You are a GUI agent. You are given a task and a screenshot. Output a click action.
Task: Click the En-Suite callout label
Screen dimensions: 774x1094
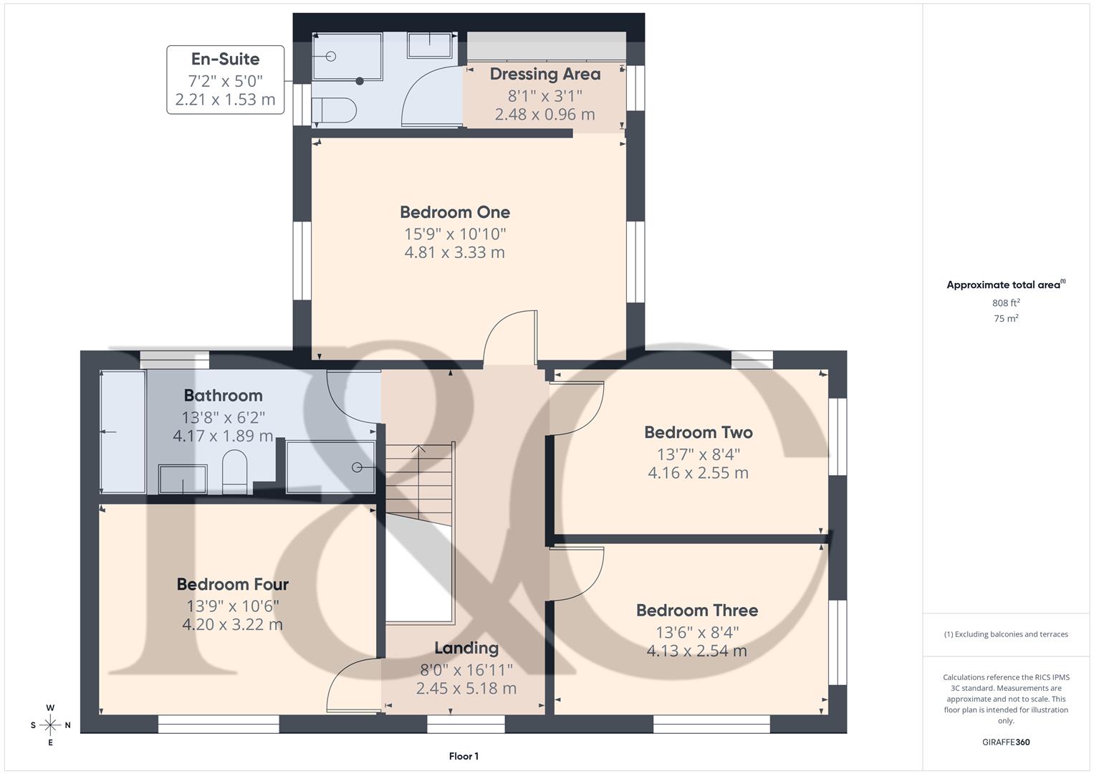225,59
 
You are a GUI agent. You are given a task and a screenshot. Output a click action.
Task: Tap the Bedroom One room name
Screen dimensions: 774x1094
455,212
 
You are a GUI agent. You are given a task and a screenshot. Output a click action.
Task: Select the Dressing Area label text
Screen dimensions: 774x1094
544,74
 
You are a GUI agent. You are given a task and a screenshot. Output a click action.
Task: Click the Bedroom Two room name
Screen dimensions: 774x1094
698,432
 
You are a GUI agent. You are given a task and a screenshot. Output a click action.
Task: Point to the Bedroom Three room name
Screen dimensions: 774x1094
696,611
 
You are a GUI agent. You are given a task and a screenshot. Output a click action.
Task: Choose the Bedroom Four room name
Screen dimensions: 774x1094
233,585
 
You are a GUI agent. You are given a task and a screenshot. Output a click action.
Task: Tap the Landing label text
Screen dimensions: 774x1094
466,648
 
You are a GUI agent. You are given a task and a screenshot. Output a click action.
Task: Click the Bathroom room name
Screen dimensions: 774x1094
223,396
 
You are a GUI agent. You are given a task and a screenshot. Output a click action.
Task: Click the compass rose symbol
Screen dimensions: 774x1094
50,725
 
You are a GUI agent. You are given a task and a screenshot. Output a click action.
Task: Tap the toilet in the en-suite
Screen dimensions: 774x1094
335,110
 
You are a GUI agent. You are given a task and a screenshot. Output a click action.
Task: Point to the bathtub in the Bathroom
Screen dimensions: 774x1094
123,431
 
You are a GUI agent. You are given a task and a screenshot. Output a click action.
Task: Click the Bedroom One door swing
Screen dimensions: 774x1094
511,337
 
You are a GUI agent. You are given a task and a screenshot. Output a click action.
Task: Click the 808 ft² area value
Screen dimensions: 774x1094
1006,303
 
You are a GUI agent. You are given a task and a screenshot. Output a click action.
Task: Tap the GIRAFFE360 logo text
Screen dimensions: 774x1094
1005,742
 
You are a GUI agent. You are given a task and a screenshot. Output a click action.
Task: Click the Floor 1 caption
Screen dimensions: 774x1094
464,756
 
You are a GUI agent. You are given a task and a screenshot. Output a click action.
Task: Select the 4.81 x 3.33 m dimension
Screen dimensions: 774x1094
454,253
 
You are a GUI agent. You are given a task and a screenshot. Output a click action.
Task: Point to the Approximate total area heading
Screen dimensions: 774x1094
1005,285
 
